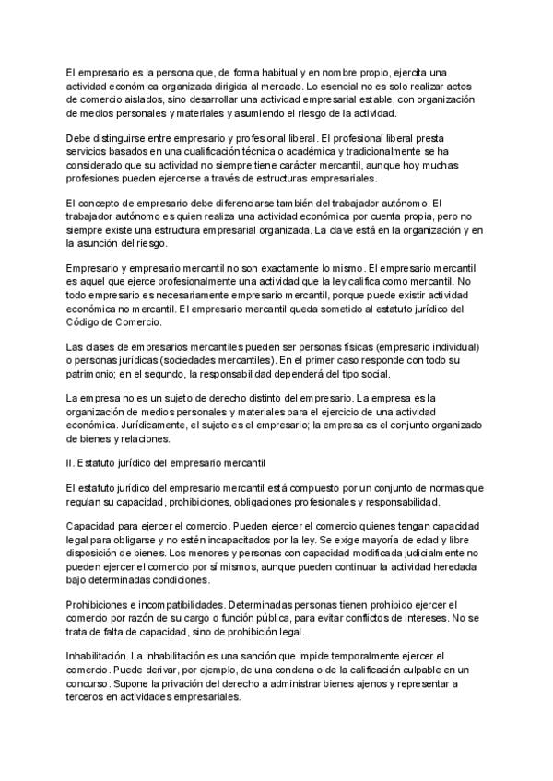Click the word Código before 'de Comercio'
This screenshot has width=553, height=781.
click(85, 323)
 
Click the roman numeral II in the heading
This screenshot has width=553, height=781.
click(69, 458)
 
